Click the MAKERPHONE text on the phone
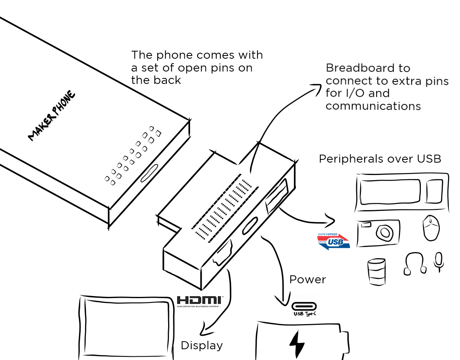pyautogui.click(x=52, y=116)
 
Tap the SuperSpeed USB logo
pyautogui.click(x=333, y=241)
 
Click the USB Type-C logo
pyautogui.click(x=305, y=309)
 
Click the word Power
pyautogui.click(x=307, y=279)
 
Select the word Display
pyautogui.click(x=202, y=345)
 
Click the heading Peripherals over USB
pyautogui.click(x=380, y=159)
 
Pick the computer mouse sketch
pyautogui.click(x=431, y=228)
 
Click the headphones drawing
pyautogui.click(x=414, y=264)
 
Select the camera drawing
pyautogui.click(x=378, y=233)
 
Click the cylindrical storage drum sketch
pyautogui.click(x=377, y=272)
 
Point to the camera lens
pyautogui.click(x=385, y=232)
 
